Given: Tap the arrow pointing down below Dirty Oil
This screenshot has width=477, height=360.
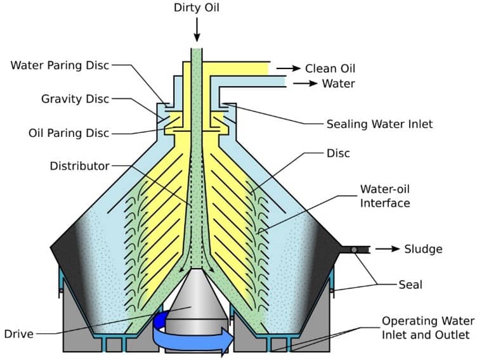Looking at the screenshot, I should [x=197, y=29].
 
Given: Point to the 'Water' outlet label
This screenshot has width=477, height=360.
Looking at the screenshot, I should [x=338, y=84].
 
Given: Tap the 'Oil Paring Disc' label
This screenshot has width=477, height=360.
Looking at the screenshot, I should [x=69, y=133].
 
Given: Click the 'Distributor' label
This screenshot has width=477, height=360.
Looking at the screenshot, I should [x=80, y=166].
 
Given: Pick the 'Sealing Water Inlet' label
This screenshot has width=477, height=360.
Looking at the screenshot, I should [x=379, y=124].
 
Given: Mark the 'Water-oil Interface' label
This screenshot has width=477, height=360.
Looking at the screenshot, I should [x=385, y=196].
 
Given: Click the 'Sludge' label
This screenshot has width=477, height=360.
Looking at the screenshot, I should [x=423, y=248].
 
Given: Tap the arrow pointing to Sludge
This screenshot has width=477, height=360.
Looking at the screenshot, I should [x=387, y=248].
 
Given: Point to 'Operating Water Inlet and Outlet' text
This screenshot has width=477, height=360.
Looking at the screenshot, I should [x=426, y=327].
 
